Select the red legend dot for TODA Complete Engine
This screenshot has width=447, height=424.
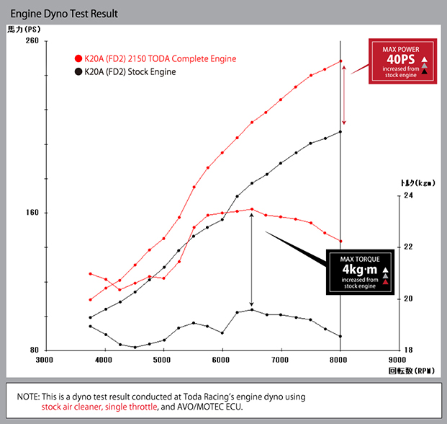[x=78, y=58]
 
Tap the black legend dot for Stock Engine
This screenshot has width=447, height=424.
[x=78, y=71]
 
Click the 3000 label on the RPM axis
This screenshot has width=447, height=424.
[x=45, y=359]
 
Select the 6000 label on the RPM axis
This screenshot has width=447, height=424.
[x=222, y=359]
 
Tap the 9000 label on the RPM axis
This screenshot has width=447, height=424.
[x=397, y=359]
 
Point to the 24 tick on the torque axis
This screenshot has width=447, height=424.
[x=408, y=195]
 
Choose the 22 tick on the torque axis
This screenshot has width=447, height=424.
[x=408, y=247]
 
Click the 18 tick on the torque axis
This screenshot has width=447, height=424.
[x=408, y=350]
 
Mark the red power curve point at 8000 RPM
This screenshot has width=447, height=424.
[x=340, y=61]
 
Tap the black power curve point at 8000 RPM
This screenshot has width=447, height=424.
[x=340, y=131]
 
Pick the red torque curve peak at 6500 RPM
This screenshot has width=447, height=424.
[x=251, y=209]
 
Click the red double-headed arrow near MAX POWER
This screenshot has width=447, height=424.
[x=345, y=95]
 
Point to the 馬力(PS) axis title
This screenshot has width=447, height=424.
[x=25, y=30]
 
